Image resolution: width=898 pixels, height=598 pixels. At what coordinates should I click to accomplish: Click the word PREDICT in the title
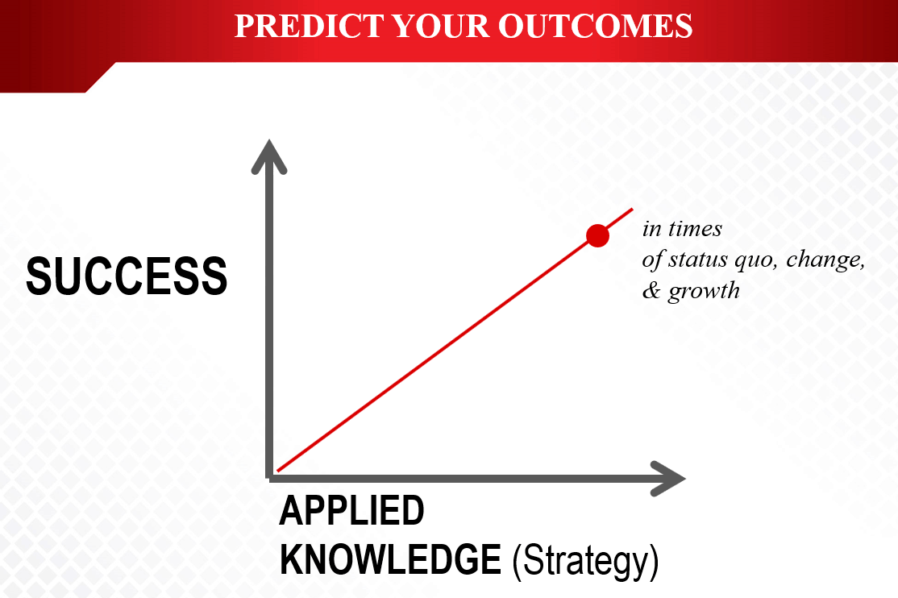[309, 26]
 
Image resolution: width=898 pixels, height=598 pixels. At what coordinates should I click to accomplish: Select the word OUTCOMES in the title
[595, 26]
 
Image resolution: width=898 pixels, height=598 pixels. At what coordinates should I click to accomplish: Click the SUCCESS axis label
[127, 276]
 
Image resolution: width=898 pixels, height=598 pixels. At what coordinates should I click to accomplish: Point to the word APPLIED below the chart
[351, 510]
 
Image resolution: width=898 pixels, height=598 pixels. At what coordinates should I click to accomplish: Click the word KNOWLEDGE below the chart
[391, 559]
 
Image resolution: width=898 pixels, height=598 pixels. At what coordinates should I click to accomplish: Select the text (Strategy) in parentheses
[585, 562]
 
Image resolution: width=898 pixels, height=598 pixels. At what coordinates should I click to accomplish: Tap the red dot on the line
[597, 235]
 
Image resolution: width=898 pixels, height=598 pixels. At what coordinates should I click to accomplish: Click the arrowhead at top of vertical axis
[269, 156]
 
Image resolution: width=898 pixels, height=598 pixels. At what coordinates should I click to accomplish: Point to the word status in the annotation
[699, 260]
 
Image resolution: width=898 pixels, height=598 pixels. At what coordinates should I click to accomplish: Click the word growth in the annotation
[704, 292]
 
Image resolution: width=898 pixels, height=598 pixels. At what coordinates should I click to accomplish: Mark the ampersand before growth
[651, 290]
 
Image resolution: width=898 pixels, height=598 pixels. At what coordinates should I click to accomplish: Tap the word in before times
[652, 229]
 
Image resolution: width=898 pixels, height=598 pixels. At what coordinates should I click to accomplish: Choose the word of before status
[652, 260]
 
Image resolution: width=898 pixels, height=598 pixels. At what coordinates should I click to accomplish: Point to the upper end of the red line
[632, 209]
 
